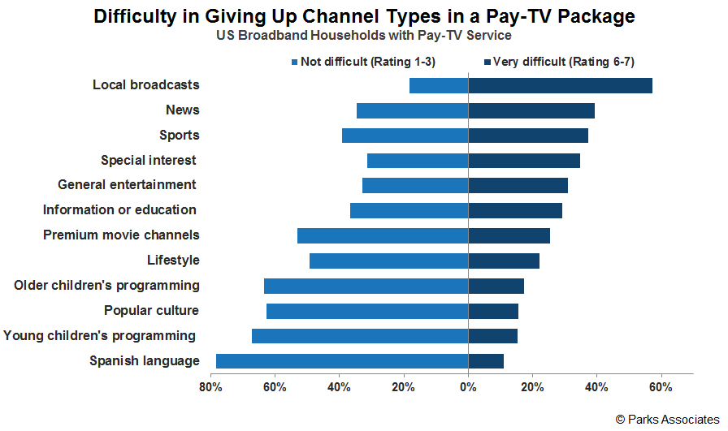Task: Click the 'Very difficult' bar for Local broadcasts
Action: coord(560,86)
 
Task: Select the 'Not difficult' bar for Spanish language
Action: coord(342,361)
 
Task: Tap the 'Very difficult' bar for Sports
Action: coord(528,136)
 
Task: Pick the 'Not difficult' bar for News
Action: coord(412,110)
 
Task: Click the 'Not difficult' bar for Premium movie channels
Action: coord(383,236)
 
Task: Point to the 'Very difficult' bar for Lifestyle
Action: coord(504,261)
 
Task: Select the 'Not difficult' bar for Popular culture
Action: coord(367,311)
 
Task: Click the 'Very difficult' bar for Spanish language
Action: coord(486,361)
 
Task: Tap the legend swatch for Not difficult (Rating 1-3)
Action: coord(295,62)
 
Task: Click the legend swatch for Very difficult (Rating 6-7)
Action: coord(487,62)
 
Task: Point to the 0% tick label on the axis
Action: coord(468,387)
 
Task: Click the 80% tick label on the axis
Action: coord(211,387)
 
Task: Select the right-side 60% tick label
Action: coord(661,387)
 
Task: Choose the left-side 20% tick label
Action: coord(404,387)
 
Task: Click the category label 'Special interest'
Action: coord(149,160)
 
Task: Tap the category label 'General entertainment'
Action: coord(128,185)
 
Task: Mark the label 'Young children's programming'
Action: coord(100,336)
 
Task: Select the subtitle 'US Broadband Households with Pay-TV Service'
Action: coord(363,36)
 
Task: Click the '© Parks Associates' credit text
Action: coord(667,420)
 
